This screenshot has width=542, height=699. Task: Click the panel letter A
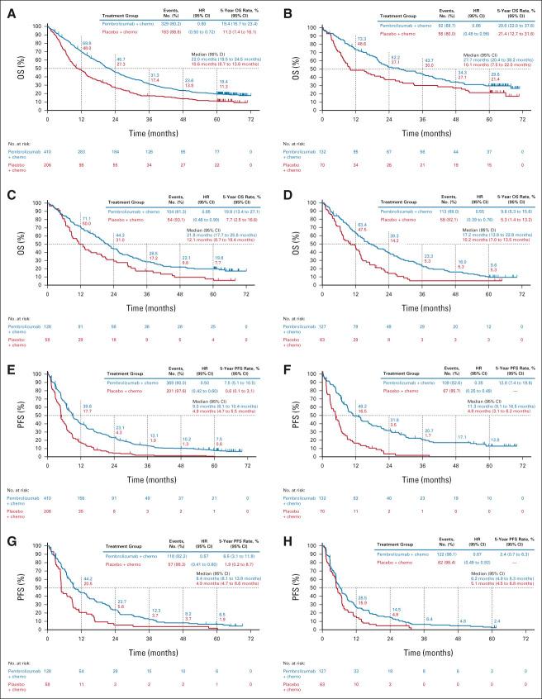[x=8, y=7]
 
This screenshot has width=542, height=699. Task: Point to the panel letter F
[x=282, y=355]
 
